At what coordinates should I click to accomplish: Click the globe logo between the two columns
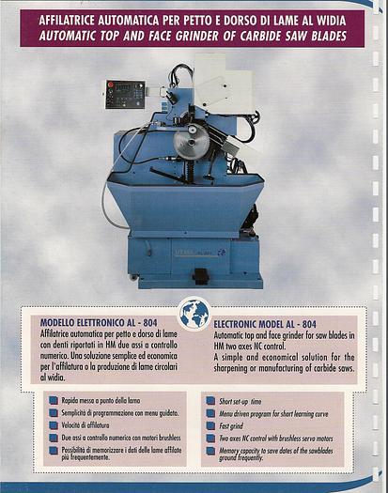tap(194, 312)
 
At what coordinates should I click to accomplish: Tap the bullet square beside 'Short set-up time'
tap(210, 400)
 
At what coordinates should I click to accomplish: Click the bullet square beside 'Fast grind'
tap(210, 424)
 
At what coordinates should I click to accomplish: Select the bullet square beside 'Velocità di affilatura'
tap(53, 424)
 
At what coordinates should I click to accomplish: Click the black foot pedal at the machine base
tap(199, 276)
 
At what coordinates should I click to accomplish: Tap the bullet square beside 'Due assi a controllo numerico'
tap(53, 438)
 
